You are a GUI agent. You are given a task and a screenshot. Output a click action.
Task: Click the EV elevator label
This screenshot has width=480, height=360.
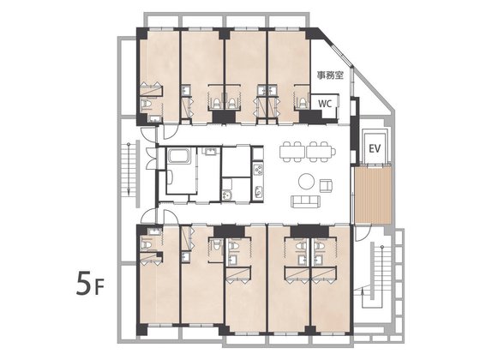[375, 149]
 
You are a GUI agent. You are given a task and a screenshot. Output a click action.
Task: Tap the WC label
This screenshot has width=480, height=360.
[325, 104]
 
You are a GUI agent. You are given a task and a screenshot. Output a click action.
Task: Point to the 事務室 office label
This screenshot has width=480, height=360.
[330, 75]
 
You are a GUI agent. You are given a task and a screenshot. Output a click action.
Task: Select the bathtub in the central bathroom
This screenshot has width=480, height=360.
[179, 156]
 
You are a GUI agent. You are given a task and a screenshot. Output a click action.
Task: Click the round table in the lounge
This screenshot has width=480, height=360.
[306, 182]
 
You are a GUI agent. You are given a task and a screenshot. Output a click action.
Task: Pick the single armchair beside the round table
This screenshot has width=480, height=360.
[327, 186]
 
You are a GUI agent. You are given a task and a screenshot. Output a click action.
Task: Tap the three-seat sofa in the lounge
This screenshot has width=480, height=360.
[305, 201]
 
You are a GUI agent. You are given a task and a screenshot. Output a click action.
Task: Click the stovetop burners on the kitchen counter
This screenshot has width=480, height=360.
[258, 170]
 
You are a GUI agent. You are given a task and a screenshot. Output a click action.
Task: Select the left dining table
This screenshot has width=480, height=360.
[292, 152]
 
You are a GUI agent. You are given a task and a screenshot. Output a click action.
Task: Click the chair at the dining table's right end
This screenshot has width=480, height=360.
[333, 152]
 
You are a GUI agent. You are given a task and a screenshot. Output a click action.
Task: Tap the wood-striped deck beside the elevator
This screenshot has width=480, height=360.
[373, 195]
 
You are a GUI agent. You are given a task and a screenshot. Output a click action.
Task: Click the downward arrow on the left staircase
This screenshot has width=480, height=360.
[129, 169]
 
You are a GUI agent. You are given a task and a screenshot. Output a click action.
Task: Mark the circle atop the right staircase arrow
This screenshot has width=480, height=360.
[382, 247]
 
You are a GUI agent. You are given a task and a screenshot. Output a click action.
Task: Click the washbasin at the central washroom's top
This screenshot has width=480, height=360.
[210, 151]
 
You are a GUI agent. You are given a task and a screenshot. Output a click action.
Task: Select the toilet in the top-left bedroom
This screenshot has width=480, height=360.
[147, 105]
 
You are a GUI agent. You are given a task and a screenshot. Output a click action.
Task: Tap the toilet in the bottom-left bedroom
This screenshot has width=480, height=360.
[147, 244]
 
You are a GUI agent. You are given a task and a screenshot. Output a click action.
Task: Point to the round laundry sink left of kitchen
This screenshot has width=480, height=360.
[226, 195]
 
